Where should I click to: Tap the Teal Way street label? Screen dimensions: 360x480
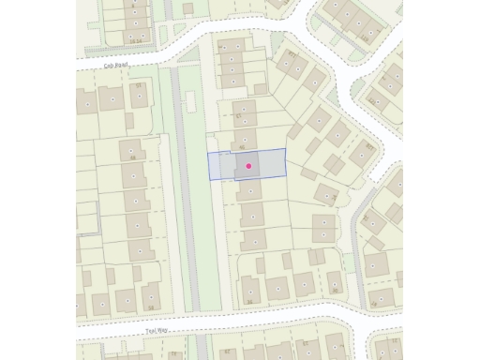(x=155, y=331)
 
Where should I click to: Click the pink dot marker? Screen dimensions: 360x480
(x=248, y=166)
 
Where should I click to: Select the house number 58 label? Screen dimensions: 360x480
(x=150, y=307)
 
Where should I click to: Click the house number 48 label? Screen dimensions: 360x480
(x=132, y=157)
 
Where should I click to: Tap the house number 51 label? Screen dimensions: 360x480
(x=140, y=85)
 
